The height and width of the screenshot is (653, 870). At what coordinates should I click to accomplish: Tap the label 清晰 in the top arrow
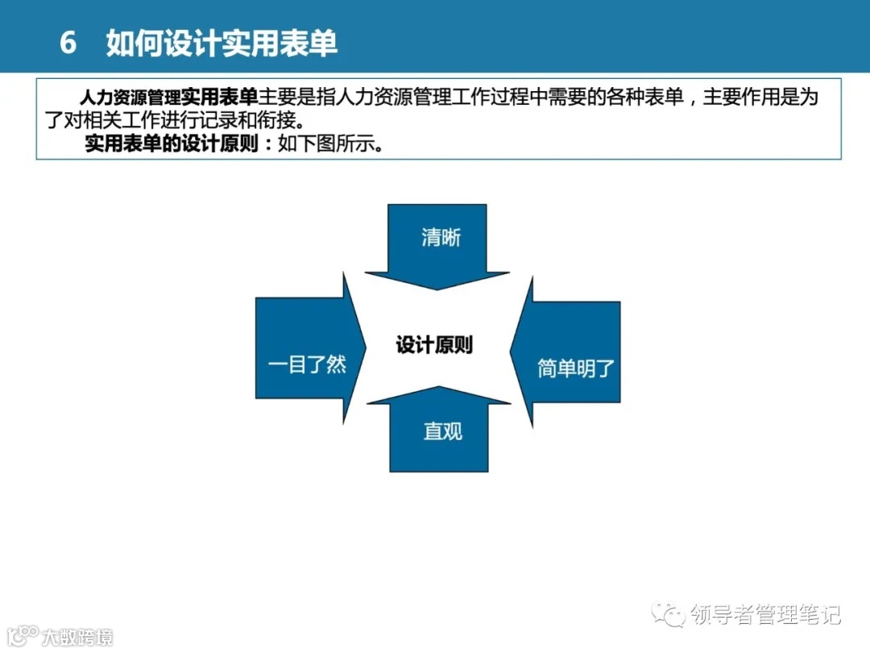pyautogui.click(x=441, y=238)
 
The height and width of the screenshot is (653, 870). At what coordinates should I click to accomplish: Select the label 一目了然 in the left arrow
pyautogui.click(x=307, y=364)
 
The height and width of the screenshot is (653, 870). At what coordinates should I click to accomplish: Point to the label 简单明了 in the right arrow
pyautogui.click(x=576, y=369)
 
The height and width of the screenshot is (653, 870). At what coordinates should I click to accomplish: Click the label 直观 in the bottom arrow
pyautogui.click(x=442, y=431)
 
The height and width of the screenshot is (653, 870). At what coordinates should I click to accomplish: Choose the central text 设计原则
pyautogui.click(x=434, y=345)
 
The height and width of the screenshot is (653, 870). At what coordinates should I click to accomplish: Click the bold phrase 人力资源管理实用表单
pyautogui.click(x=168, y=98)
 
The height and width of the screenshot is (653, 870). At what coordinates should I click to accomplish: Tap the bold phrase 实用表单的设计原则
pyautogui.click(x=172, y=145)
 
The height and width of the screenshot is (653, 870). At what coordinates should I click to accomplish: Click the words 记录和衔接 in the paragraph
pyautogui.click(x=267, y=122)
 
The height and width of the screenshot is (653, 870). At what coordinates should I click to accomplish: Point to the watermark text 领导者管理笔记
pyautogui.click(x=766, y=615)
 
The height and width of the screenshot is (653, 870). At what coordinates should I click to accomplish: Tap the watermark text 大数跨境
pyautogui.click(x=77, y=637)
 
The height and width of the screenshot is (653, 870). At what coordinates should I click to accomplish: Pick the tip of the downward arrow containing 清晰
pyautogui.click(x=437, y=288)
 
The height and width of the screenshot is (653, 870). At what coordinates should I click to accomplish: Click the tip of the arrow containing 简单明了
pyautogui.click(x=512, y=351)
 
